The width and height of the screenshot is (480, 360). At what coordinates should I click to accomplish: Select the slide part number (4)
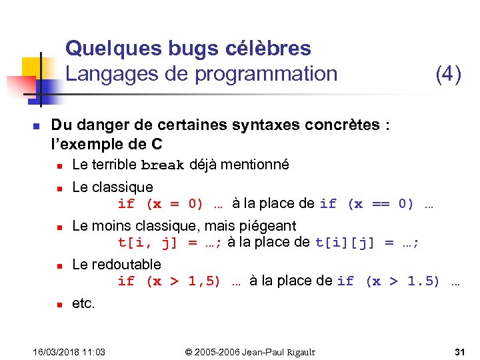point(448,73)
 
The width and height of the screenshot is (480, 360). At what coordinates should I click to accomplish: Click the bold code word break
point(163,165)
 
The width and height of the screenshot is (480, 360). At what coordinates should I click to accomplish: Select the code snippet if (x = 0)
point(160,204)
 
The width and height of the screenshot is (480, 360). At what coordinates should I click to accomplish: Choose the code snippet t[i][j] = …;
point(367,243)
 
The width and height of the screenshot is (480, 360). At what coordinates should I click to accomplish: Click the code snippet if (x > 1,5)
point(169,281)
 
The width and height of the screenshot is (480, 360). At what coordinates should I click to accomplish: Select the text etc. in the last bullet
point(83,303)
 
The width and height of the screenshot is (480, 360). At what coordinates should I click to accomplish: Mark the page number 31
point(459,352)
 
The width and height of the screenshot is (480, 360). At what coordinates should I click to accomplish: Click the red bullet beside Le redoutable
point(59,265)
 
